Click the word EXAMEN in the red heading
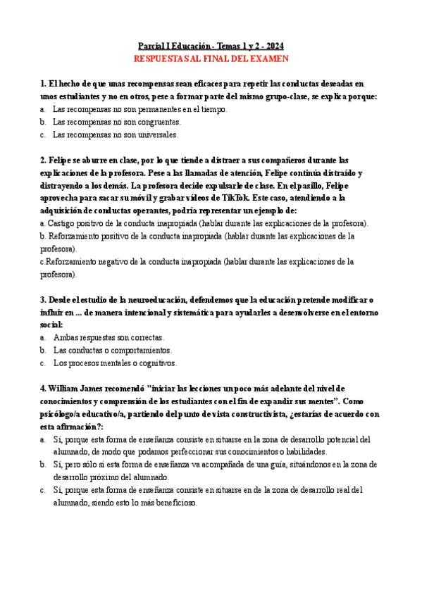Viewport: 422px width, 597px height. (271, 58)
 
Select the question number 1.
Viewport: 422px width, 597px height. (44, 84)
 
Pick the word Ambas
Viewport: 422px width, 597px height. (65, 337)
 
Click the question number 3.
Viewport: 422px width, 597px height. (44, 299)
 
